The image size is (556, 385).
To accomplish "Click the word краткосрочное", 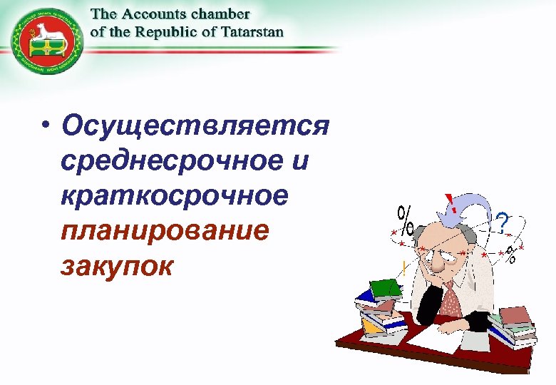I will tap(175, 195).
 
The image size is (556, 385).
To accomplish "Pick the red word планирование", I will tap(166, 230).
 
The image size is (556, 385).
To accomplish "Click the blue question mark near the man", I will tap(503, 225).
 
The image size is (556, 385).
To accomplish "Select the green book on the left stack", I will tap(386, 287).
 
